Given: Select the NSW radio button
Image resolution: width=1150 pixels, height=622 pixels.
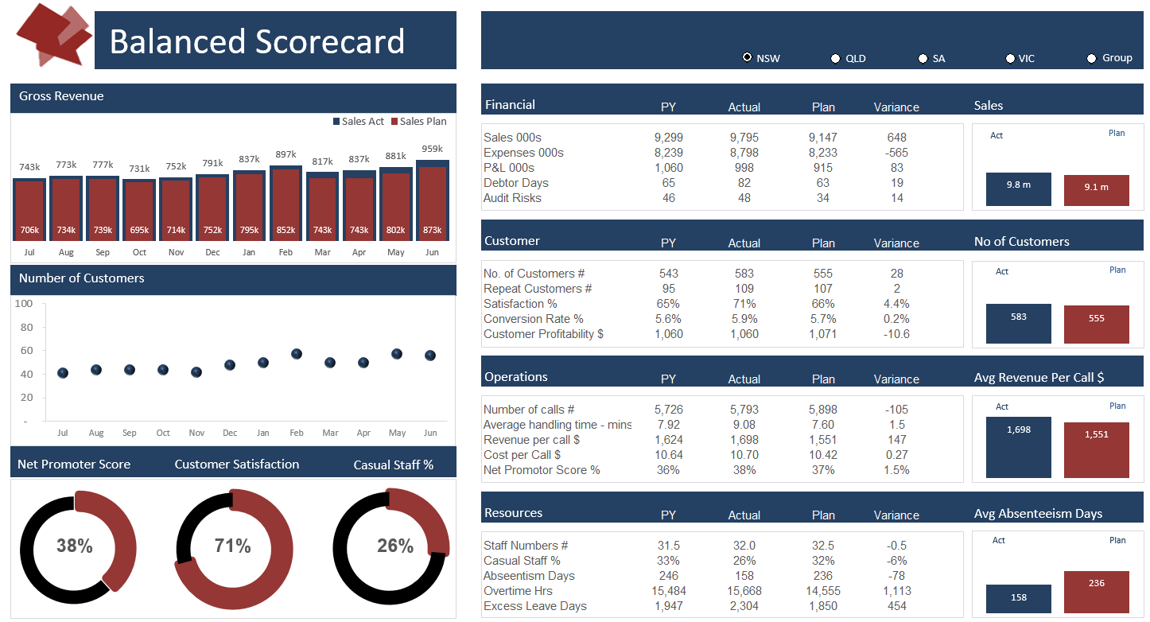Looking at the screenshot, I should point(747,57).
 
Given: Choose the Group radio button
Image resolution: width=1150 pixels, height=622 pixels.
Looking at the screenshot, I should point(1091,58).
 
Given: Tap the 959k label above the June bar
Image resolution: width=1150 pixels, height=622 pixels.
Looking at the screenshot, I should point(432,149).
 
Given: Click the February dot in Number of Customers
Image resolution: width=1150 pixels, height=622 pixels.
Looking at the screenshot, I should point(297,354).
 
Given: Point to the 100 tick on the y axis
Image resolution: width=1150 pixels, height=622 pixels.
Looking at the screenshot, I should point(24,304).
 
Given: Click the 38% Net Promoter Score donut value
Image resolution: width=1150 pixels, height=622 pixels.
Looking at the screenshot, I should point(75,546).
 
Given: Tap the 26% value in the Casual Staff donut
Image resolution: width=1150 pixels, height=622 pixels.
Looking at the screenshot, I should point(395,546).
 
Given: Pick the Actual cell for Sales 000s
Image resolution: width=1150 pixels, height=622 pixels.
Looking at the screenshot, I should point(744,138).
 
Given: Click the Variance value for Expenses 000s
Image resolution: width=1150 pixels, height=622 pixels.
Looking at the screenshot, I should point(896,153).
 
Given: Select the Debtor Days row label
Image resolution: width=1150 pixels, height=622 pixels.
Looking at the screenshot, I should point(515,183).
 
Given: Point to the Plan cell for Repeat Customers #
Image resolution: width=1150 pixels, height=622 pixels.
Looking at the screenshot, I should point(823,289).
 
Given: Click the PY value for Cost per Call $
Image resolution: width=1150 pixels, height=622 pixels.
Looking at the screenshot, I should point(668,455).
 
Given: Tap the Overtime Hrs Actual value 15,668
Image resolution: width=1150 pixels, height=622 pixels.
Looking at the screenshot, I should point(744,591).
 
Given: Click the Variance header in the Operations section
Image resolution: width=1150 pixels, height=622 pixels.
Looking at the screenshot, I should point(896,379).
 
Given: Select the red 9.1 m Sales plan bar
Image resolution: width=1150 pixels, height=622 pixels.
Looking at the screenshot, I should point(1096,190).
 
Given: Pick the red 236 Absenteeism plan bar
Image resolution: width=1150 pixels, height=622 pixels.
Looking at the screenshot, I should point(1096,592).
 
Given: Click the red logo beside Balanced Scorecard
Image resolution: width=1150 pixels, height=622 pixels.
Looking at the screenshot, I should point(53,36).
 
